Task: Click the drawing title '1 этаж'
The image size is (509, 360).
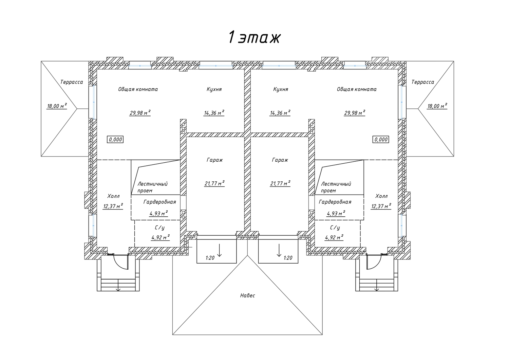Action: tap(254, 37)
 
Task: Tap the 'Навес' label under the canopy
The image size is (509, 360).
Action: tap(247, 295)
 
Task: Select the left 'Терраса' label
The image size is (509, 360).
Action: tap(72, 82)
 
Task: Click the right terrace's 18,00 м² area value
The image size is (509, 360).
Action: tap(437, 106)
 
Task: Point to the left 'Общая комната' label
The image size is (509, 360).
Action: tap(138, 89)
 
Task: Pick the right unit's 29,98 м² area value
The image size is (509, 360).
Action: tap(355, 113)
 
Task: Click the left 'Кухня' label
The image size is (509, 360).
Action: tap(214, 89)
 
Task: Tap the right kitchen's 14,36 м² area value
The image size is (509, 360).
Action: tap(280, 113)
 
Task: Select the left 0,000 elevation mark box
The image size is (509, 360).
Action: tap(115, 139)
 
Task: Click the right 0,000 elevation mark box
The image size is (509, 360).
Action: tap(381, 139)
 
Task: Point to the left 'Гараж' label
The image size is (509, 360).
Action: tap(214, 160)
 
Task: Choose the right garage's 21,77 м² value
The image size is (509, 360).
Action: tap(280, 183)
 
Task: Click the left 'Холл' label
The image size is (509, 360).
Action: tap(113, 196)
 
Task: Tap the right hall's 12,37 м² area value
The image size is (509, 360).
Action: tap(381, 206)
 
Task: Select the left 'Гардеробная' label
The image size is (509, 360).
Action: tap(159, 202)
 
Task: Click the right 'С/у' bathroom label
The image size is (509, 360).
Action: tap(335, 228)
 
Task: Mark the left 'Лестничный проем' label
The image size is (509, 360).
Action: tap(152, 187)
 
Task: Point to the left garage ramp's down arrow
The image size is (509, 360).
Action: tap(219, 250)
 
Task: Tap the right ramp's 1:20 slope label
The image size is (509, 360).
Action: tap(288, 258)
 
